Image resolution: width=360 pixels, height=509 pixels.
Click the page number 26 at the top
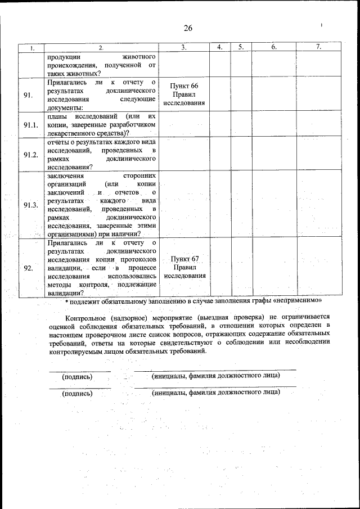point(187,29)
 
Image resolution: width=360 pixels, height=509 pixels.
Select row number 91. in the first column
point(28,95)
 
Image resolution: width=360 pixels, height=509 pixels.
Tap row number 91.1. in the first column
point(30,125)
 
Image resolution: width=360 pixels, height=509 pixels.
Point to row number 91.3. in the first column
point(30,205)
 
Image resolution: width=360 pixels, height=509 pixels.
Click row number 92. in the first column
point(28,268)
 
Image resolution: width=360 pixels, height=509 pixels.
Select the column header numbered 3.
point(184,48)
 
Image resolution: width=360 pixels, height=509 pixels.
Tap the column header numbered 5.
point(240,48)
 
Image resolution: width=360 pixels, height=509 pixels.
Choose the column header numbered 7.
point(318,48)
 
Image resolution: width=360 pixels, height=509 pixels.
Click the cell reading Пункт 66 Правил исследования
point(184,94)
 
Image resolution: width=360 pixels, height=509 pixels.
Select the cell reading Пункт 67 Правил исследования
point(184,267)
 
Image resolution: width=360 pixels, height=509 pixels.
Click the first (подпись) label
point(77,376)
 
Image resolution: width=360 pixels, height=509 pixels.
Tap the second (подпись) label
point(77,394)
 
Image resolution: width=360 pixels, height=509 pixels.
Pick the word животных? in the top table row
point(82,73)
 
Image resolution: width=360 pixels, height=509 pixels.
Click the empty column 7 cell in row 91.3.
point(318,205)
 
